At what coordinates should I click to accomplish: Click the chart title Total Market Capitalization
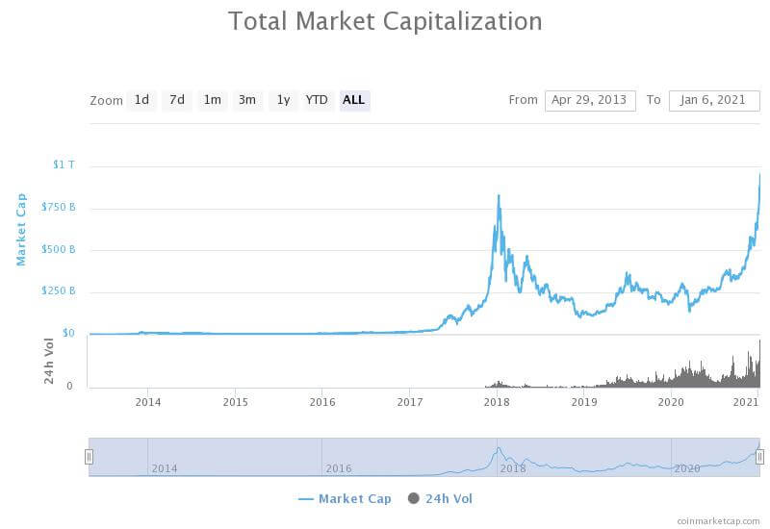385,20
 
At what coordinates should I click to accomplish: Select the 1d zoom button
141,99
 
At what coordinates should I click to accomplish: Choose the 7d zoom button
177,99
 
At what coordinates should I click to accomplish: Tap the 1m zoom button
212,99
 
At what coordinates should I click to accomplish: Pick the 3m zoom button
247,99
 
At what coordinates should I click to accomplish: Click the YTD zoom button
317,99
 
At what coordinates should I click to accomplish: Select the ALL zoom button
354,99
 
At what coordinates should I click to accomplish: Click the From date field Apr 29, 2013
590,100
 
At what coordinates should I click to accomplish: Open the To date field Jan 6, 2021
714,100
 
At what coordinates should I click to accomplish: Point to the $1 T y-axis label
64,164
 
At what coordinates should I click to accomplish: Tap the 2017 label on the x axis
410,402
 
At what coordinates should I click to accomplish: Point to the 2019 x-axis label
584,402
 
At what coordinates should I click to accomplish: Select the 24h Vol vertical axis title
49,362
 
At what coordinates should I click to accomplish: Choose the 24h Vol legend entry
441,498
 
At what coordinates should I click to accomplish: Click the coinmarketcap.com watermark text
717,520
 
